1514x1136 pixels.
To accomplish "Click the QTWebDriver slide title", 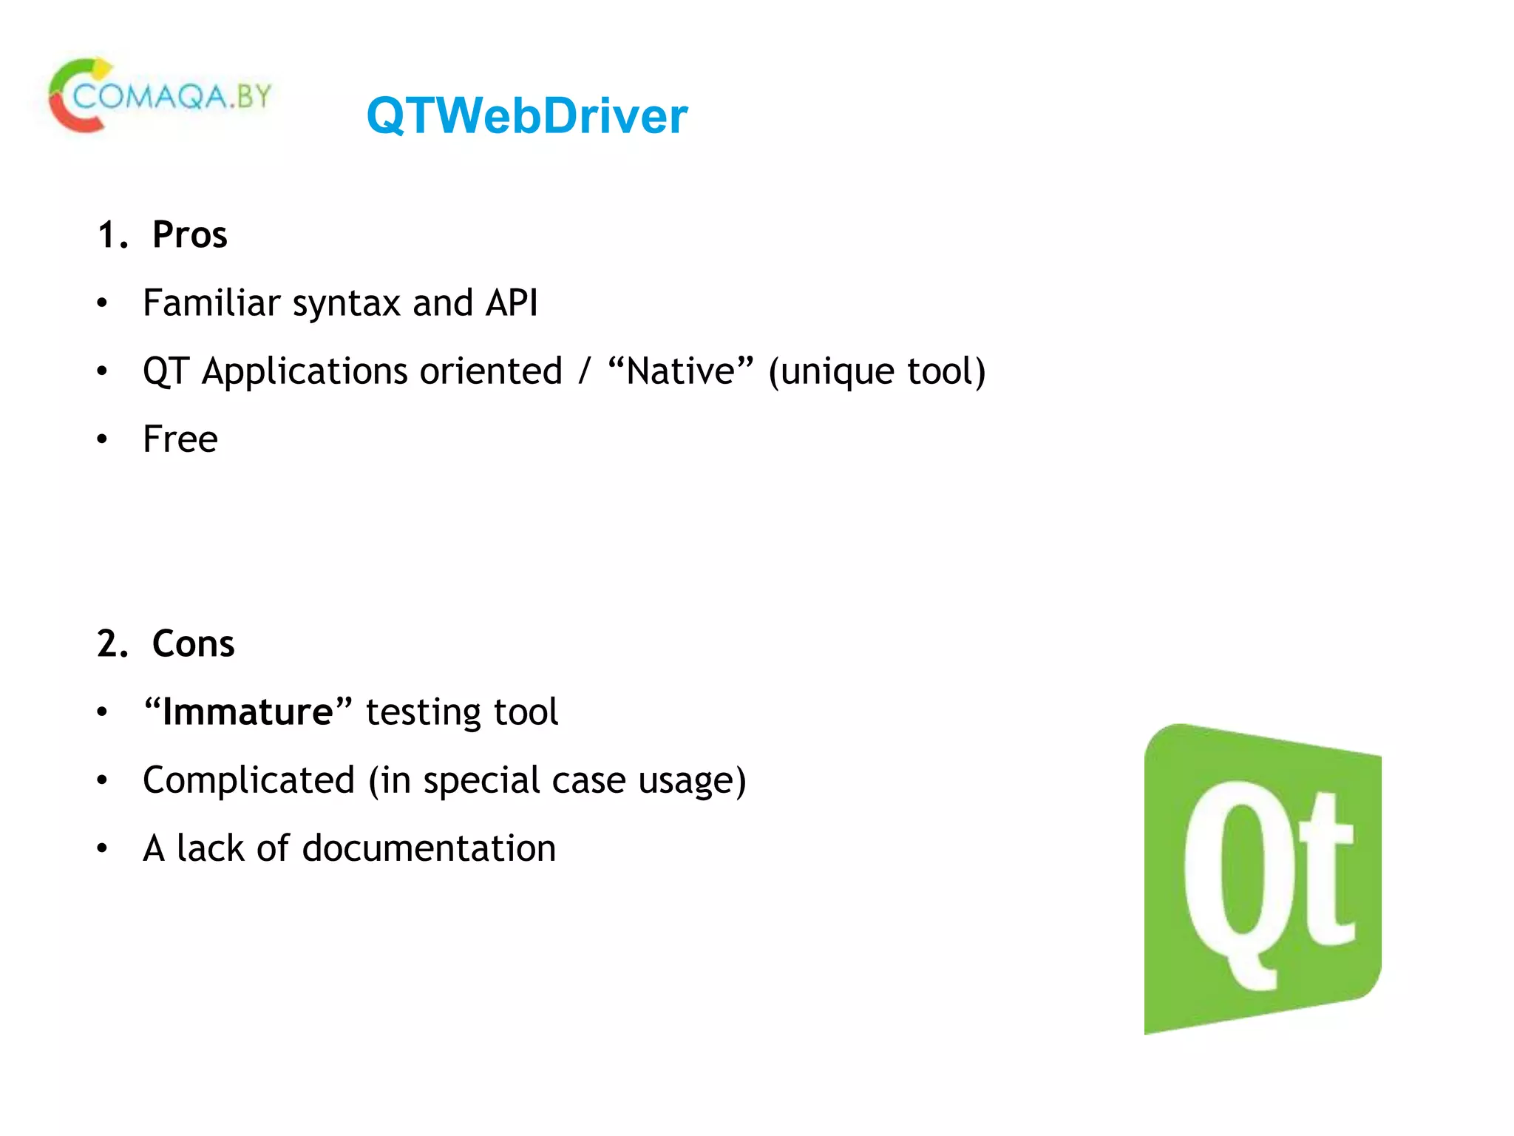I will (x=526, y=116).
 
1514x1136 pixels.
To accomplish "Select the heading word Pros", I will (x=189, y=235).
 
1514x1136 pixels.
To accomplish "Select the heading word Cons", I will (x=193, y=644).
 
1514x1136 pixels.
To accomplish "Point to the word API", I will (x=512, y=303).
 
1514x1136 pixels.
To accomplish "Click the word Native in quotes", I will (x=680, y=371).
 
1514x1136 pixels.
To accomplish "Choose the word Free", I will (x=180, y=439).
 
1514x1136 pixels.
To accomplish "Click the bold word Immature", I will (x=248, y=712).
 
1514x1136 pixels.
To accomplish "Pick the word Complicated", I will (x=249, y=781).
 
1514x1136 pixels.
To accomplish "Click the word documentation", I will (x=429, y=848).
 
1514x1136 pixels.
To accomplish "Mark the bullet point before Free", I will (x=102, y=440).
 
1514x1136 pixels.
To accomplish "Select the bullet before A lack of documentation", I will (x=102, y=849).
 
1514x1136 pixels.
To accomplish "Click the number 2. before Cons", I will (x=112, y=644).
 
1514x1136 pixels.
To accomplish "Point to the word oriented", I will (x=491, y=371).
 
